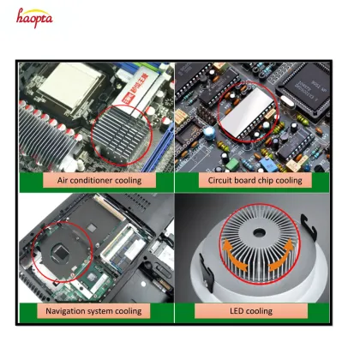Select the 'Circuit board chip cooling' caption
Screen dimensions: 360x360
click(255, 181)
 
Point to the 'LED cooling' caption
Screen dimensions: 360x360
click(255, 310)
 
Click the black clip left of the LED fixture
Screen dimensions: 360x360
click(192, 279)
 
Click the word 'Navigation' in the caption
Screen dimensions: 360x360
click(72, 310)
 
